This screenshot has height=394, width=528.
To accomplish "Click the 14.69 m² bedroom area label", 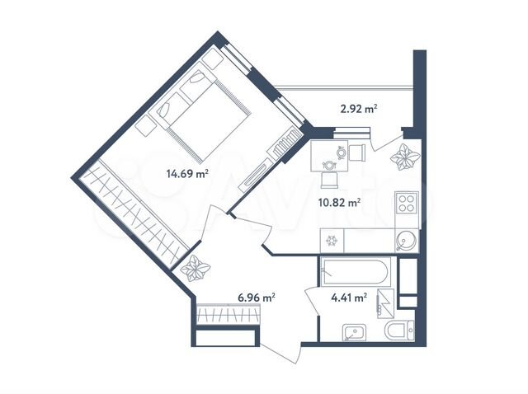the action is [x=187, y=174].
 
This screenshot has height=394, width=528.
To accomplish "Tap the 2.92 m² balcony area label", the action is [x=359, y=109].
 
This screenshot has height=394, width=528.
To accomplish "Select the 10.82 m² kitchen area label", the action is [x=339, y=203].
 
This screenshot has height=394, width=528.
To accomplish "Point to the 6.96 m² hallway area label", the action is [x=257, y=298].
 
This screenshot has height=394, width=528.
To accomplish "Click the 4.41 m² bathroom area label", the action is [x=349, y=298].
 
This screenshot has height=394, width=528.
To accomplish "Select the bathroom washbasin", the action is [x=354, y=332].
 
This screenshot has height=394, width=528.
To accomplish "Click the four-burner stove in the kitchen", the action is [x=407, y=203].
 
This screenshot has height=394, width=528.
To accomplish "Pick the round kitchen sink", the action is [x=407, y=241].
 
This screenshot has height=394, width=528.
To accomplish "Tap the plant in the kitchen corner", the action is [x=405, y=157].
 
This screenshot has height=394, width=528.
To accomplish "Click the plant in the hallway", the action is [x=196, y=268].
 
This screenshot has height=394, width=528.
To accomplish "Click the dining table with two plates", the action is [x=329, y=156].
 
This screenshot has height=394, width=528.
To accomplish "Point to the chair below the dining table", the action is [x=329, y=181].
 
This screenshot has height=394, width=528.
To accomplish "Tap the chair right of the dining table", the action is [x=357, y=152].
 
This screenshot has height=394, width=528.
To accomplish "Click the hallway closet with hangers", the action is [x=228, y=314].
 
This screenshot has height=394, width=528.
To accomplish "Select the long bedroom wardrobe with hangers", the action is [x=134, y=214].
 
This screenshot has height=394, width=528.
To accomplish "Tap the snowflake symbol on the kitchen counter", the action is [x=332, y=241].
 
